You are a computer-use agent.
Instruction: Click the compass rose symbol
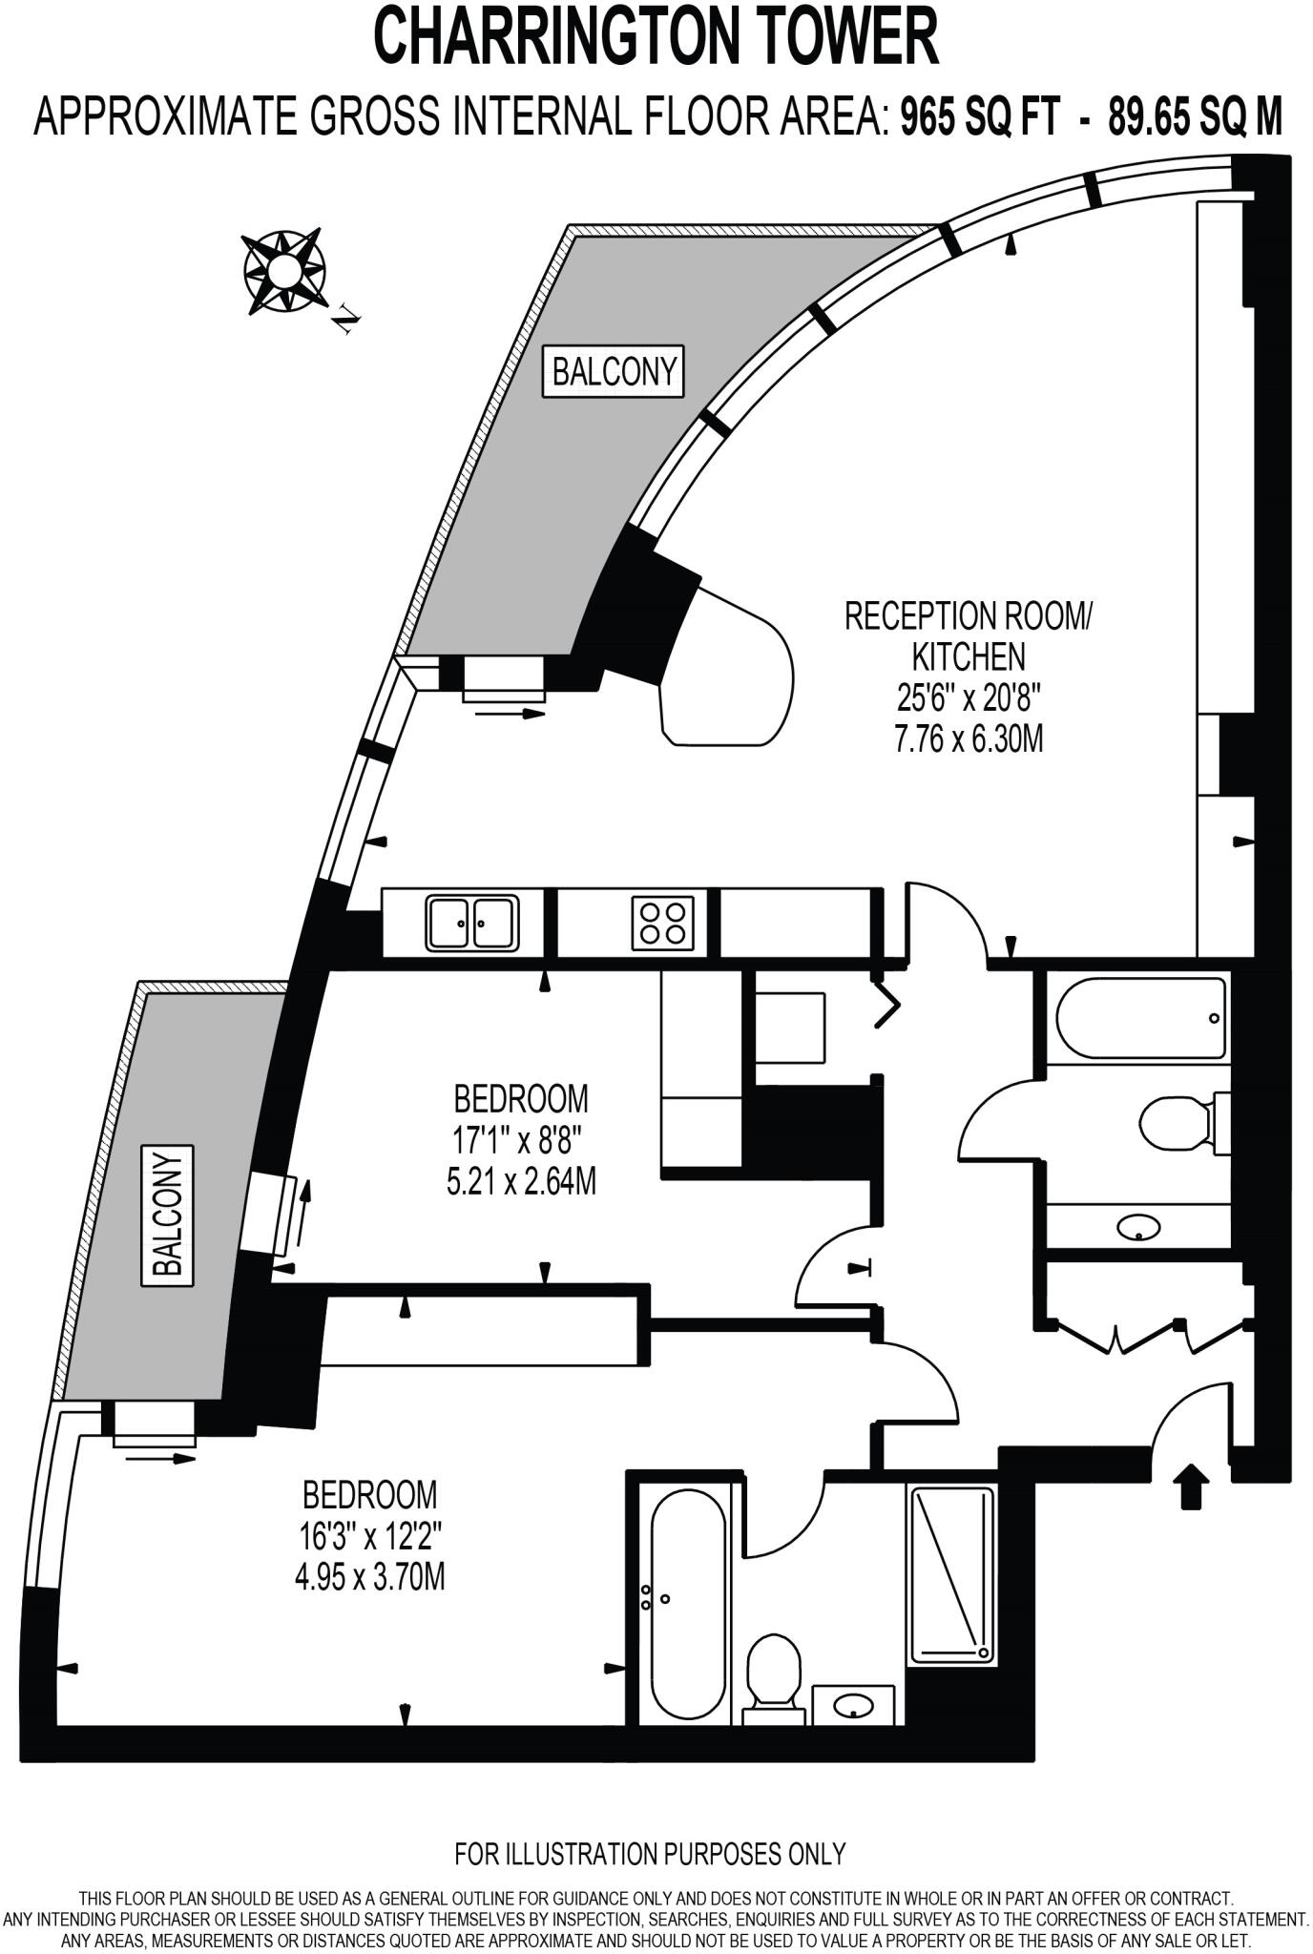click(x=283, y=272)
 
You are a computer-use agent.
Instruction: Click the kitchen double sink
click(x=473, y=923)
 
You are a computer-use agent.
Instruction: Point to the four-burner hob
click(x=662, y=923)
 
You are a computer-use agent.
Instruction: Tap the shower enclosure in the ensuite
click(x=951, y=1574)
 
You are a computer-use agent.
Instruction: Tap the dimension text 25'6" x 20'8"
click(x=968, y=698)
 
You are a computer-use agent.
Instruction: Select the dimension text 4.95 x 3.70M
click(x=369, y=1578)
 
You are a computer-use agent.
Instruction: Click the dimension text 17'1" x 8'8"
click(x=520, y=1140)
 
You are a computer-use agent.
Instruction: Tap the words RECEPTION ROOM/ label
click(x=968, y=616)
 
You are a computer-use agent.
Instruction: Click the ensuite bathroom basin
click(x=852, y=1702)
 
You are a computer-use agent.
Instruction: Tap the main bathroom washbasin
click(x=1139, y=1227)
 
